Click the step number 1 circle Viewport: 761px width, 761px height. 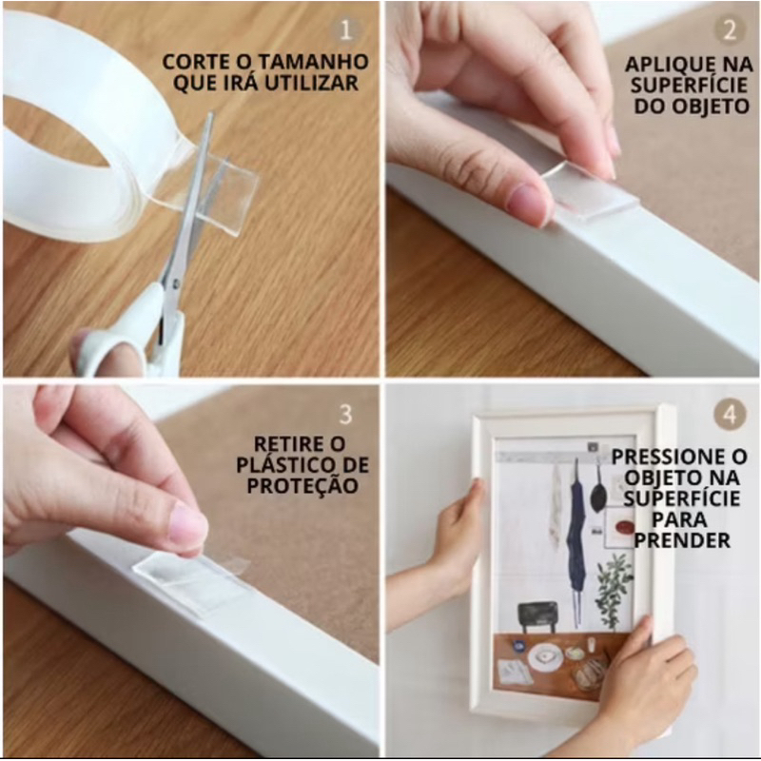(x=345, y=30)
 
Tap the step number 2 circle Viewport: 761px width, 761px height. (x=729, y=30)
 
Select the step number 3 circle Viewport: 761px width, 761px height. (x=345, y=415)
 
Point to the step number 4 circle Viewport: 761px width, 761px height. (x=729, y=415)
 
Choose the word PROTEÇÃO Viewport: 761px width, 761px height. (x=302, y=485)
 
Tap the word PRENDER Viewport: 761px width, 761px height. (x=682, y=540)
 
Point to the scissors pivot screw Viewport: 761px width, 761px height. (x=175, y=281)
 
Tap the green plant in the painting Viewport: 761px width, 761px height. (x=614, y=591)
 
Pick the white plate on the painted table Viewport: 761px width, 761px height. (x=545, y=658)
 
